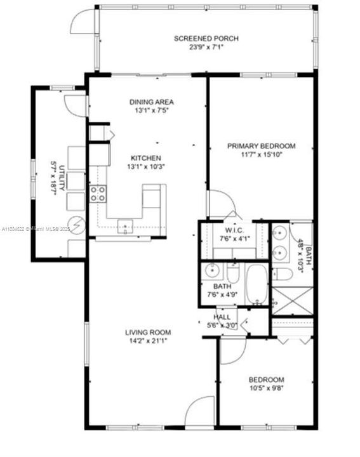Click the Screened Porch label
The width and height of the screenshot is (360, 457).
point(197,38)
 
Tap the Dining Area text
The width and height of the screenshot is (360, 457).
point(151,102)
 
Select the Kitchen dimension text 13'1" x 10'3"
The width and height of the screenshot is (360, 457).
point(146,167)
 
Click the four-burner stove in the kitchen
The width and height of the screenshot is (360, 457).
point(98,194)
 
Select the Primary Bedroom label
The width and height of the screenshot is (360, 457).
point(261,145)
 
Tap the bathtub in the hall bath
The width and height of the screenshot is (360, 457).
point(257,284)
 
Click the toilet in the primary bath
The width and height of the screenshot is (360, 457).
point(283,274)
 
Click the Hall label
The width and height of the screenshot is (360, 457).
point(222,317)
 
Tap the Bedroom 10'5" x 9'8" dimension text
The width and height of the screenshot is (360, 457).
point(266,389)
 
